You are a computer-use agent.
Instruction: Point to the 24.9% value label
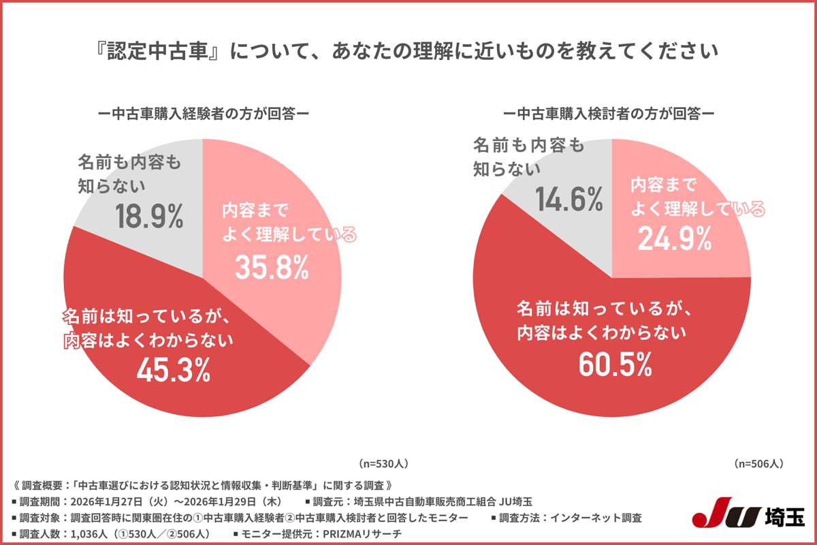click(674, 238)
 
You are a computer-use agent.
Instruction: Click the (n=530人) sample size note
click(383, 463)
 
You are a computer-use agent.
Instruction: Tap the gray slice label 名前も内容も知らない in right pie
click(528, 156)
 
